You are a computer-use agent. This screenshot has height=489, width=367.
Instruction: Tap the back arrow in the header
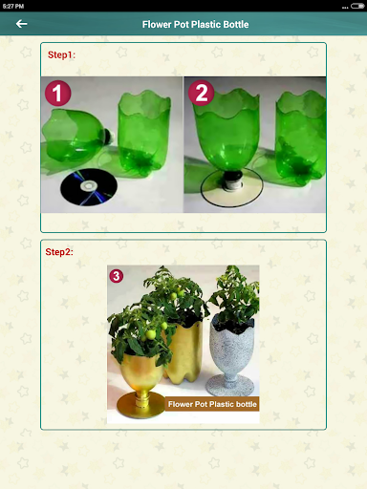click(21, 24)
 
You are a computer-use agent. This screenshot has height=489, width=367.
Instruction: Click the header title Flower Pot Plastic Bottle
click(195, 25)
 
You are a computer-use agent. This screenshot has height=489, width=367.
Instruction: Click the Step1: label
click(61, 54)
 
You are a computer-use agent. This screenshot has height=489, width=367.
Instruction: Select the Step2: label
click(59, 252)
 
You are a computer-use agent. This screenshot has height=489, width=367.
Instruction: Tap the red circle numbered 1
click(58, 93)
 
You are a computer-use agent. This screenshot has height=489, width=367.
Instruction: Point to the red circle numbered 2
click(202, 93)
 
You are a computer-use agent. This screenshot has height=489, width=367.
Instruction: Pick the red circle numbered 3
click(117, 276)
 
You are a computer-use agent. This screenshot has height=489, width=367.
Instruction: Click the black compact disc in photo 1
click(89, 187)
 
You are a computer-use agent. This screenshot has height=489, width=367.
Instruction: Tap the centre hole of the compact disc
click(88, 184)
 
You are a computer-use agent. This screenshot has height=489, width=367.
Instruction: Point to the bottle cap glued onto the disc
click(232, 181)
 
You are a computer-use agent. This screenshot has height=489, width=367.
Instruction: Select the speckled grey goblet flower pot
click(232, 353)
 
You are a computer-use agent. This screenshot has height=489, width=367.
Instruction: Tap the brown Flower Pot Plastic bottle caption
click(212, 404)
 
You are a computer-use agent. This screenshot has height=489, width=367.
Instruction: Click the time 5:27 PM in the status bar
click(13, 6)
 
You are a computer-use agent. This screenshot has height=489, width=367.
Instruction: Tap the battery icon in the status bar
click(357, 6)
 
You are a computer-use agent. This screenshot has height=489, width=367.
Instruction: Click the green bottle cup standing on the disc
click(227, 134)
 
